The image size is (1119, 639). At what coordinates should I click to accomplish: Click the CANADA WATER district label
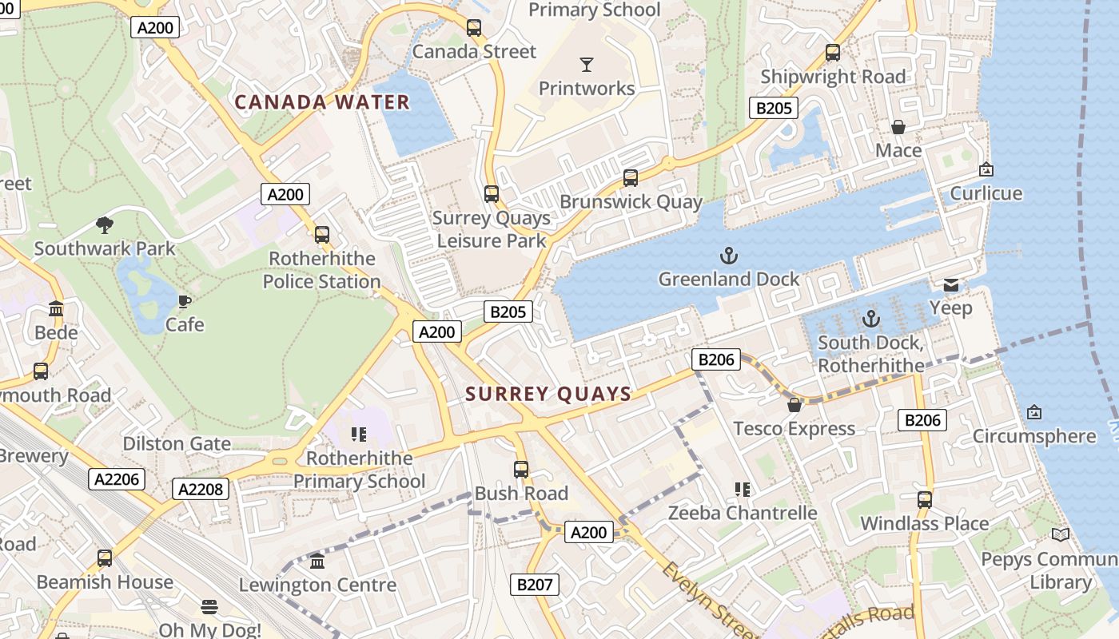click(321, 102)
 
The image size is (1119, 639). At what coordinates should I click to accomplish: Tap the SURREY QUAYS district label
click(548, 394)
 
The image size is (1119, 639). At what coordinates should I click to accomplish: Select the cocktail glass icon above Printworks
click(587, 65)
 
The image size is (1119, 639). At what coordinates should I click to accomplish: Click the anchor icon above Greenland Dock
click(728, 256)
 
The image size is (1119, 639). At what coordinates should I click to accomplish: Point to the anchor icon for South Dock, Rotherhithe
click(870, 319)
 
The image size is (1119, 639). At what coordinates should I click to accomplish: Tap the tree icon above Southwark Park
click(104, 225)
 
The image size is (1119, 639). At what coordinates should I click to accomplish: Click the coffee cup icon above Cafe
click(185, 301)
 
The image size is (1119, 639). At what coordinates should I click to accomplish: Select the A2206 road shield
click(117, 479)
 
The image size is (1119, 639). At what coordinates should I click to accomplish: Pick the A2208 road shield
click(201, 489)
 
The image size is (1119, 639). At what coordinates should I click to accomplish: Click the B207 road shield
click(535, 585)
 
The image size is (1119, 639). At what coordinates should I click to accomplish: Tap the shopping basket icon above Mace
click(898, 127)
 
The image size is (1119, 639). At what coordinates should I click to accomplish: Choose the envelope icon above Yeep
click(951, 285)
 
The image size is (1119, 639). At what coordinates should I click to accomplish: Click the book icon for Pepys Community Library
click(1061, 534)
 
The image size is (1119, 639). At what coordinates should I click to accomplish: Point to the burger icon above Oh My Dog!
click(209, 607)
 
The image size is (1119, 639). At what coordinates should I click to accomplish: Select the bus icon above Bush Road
click(521, 470)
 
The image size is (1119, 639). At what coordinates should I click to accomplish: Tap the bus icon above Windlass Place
click(925, 500)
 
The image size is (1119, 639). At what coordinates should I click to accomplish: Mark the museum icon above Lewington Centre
click(317, 562)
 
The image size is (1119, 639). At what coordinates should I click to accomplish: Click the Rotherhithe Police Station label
click(322, 270)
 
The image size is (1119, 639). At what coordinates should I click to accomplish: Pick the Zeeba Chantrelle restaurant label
click(743, 513)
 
